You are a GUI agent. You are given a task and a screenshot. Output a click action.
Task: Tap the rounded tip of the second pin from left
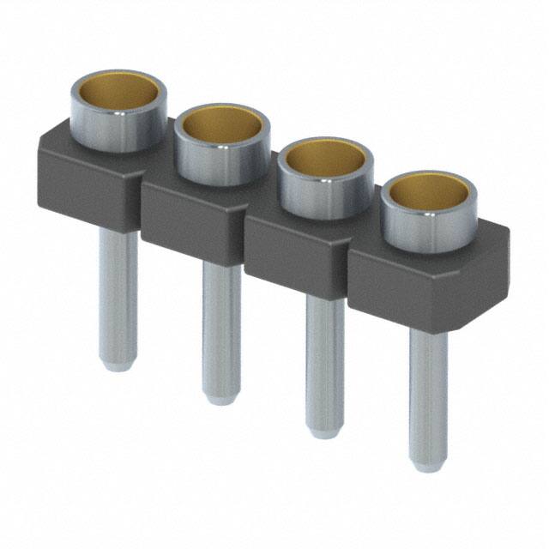click(221, 395)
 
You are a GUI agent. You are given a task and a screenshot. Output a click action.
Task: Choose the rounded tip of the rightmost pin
click(427, 463)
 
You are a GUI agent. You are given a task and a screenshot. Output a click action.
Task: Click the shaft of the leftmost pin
click(118, 292)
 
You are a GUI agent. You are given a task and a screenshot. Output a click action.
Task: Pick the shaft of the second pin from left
click(221, 326)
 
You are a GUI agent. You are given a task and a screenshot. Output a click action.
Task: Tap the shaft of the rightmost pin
click(427, 395)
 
